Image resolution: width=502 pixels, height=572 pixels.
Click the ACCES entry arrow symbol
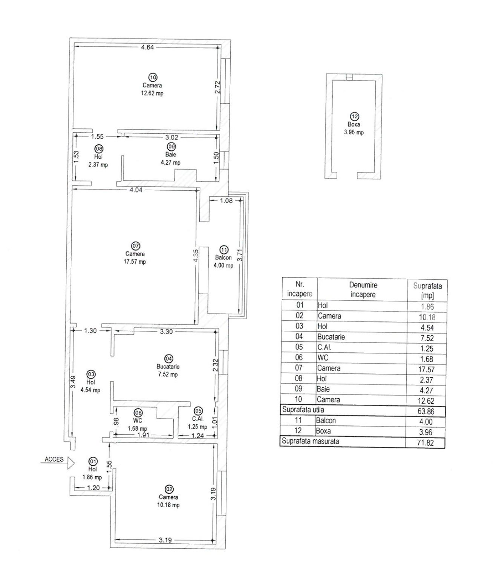(x=71, y=463)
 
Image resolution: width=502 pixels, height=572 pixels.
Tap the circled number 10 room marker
(x=153, y=77)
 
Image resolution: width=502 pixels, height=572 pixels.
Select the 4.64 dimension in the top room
(x=147, y=47)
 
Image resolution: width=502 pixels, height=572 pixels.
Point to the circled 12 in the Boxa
(x=354, y=116)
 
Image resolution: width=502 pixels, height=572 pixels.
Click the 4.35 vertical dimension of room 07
(x=196, y=255)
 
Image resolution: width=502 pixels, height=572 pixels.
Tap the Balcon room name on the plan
(x=223, y=257)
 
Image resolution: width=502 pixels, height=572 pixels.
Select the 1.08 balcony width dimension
(x=226, y=200)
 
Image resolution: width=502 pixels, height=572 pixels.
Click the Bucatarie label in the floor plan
(x=168, y=367)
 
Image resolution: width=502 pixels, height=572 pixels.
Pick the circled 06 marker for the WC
(x=138, y=413)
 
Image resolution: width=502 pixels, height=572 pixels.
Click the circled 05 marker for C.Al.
(x=198, y=411)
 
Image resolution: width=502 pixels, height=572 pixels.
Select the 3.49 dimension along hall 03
(x=73, y=382)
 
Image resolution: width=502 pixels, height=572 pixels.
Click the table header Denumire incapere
(x=363, y=290)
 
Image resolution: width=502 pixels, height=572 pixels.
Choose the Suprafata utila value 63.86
(x=426, y=411)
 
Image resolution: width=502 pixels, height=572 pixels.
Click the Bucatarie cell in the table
(x=331, y=337)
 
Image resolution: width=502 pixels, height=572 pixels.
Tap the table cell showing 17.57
(x=426, y=369)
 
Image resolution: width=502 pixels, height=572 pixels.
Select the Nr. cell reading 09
(x=298, y=389)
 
